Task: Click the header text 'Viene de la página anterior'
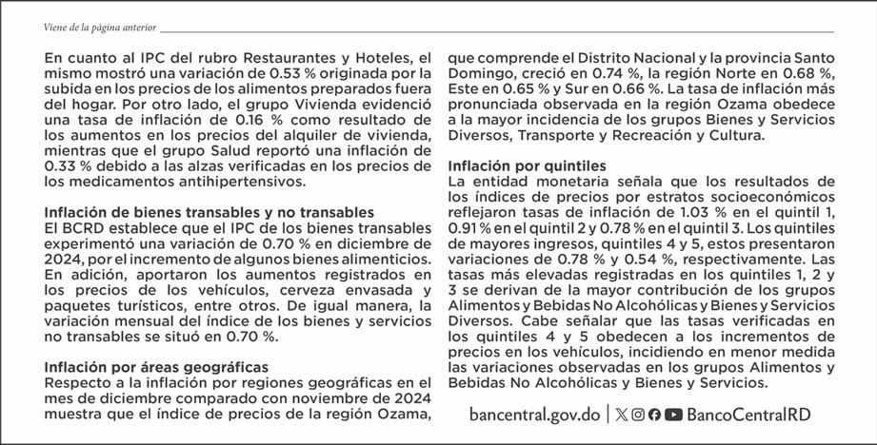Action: (93, 29)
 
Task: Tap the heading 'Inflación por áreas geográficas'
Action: (157, 366)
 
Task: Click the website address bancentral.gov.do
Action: (535, 415)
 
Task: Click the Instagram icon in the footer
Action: (638, 415)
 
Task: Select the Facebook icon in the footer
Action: (654, 415)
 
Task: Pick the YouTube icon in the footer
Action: (673, 415)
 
